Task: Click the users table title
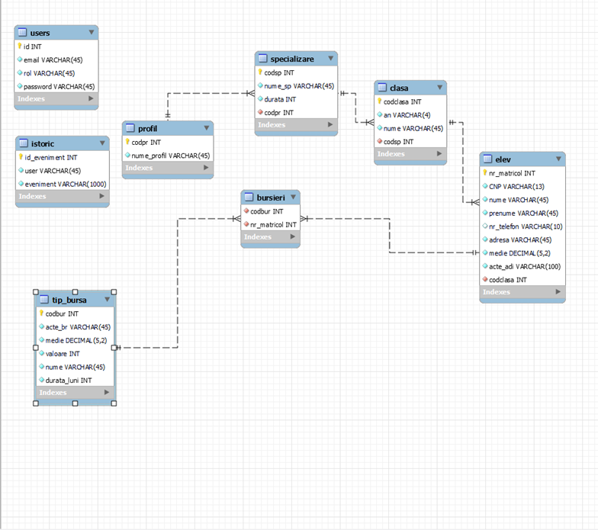click(x=40, y=33)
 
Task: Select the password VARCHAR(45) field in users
click(x=59, y=86)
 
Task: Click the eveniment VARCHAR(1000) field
click(x=66, y=184)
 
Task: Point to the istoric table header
click(x=43, y=143)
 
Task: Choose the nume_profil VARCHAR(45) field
click(x=170, y=156)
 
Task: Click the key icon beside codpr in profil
click(x=127, y=142)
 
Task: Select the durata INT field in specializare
click(x=280, y=99)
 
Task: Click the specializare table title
click(x=291, y=59)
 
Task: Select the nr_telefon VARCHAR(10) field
click(x=526, y=226)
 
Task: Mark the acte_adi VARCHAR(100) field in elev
click(x=525, y=266)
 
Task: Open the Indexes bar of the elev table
click(x=522, y=292)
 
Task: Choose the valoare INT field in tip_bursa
click(x=63, y=354)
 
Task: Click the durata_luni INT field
click(x=69, y=380)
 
